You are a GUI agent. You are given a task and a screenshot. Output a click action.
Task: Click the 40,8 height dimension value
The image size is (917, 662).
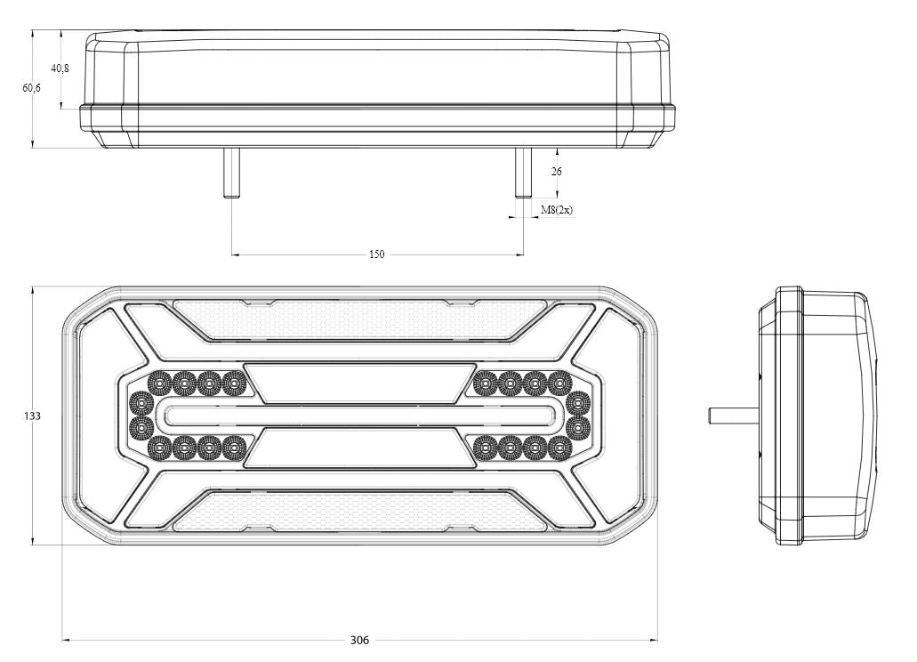pos(60,69)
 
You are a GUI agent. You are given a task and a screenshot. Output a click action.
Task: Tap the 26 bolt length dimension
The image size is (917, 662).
pos(557,171)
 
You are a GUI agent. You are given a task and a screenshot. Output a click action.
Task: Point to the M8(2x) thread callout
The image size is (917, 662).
pos(557,210)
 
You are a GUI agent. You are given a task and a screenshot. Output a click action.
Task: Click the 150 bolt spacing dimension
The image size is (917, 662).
pos(377,255)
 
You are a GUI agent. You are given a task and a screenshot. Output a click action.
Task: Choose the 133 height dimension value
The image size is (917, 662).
pos(33,416)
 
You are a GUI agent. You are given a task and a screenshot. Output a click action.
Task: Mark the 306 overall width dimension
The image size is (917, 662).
pos(359,640)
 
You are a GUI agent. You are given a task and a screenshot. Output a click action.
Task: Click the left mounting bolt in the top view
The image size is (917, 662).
pos(232,173)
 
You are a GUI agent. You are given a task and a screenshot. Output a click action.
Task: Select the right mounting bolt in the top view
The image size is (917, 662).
pos(523,173)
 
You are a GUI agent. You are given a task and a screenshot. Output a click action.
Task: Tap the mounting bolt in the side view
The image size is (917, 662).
pos(732,415)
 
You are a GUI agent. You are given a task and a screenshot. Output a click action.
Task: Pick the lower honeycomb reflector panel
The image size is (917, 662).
pos(359,514)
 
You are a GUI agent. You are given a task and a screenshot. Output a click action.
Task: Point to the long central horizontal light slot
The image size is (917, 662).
pos(359,416)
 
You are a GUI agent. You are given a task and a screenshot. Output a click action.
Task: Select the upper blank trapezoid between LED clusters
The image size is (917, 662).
pos(359,383)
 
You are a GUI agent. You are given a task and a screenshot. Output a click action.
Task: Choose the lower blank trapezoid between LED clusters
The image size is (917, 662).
pos(359,448)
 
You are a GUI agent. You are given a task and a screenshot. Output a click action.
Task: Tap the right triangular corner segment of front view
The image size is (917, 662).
pos(622,416)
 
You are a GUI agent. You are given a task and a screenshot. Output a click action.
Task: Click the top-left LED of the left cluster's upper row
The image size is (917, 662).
pos(159,383)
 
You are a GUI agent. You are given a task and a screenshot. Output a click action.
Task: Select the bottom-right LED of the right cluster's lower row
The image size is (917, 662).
pos(559,447)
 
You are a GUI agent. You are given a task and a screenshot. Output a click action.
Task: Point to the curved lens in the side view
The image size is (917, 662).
pos(867,416)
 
